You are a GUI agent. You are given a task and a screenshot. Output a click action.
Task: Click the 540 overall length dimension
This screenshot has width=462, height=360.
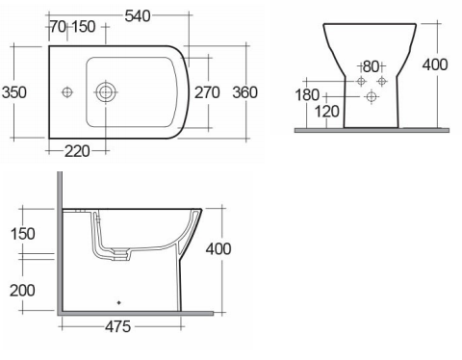click(x=138, y=15)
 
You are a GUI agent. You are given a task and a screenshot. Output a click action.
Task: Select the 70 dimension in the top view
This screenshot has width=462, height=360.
click(x=58, y=27)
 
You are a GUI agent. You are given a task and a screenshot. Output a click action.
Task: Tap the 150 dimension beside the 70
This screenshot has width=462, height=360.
click(x=84, y=27)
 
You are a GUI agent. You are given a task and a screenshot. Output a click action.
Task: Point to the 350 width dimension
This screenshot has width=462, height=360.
click(x=14, y=92)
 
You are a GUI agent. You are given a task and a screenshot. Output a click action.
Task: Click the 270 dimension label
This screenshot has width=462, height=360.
click(x=207, y=92)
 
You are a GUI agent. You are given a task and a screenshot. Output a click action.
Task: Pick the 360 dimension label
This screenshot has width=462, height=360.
click(x=245, y=92)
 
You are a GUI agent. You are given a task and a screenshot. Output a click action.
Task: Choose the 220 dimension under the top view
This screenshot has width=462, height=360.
click(x=77, y=151)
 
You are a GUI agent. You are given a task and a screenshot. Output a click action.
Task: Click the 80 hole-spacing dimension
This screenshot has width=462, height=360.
click(x=371, y=66)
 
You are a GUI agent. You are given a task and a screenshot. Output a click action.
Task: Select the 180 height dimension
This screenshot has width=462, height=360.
click(x=307, y=95)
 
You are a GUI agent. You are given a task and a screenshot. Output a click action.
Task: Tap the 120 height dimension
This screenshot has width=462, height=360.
click(x=326, y=112)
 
